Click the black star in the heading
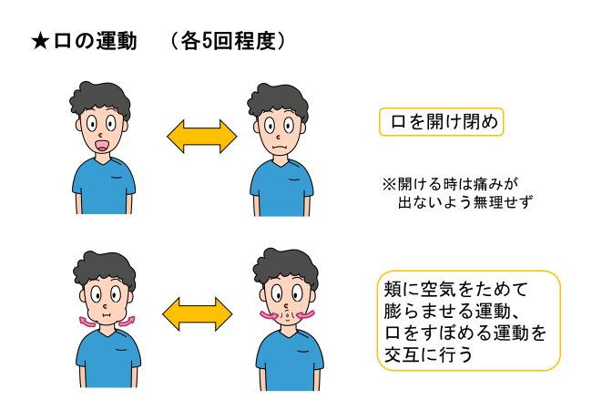point(39,41)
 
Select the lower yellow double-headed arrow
point(199,314)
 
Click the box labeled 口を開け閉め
point(441,122)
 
